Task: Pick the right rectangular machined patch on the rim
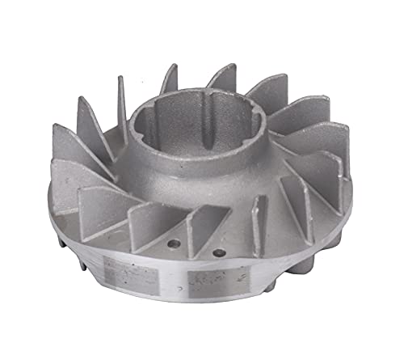211,282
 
